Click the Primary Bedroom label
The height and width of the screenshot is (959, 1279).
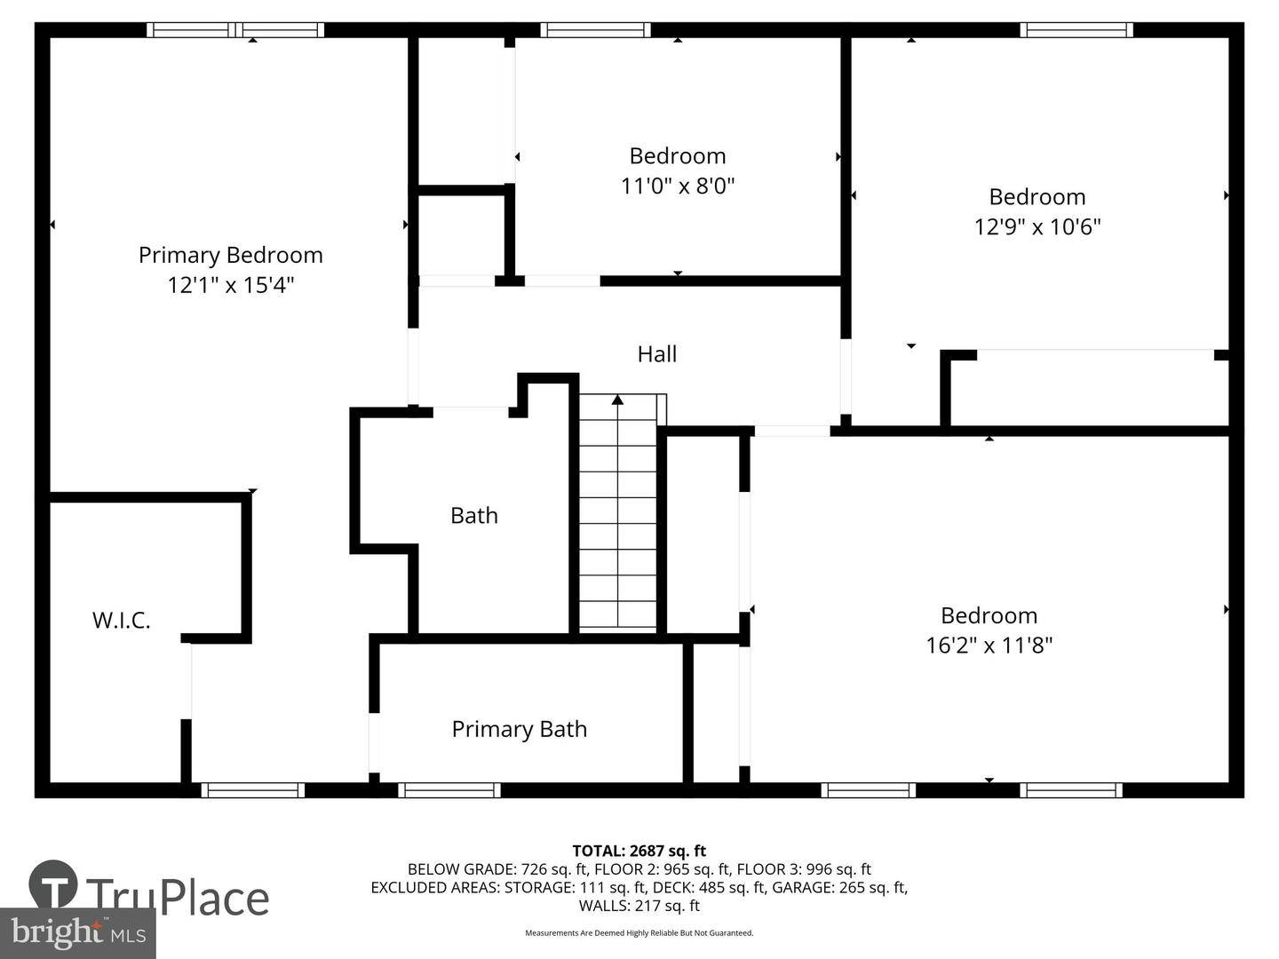point(231,256)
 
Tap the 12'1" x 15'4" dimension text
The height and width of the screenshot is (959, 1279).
point(231,285)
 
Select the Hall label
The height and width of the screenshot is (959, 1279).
point(657,354)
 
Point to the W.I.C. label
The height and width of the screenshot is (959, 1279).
point(121,621)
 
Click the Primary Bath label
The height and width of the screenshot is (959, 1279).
point(520,730)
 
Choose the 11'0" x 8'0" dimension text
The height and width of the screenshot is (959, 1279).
point(678,186)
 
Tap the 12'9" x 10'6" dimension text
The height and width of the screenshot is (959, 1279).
point(1037,226)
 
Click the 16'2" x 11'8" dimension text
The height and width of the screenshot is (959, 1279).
point(989,646)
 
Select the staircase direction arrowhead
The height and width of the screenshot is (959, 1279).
point(617,400)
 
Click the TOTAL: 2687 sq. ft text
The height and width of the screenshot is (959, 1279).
point(639,852)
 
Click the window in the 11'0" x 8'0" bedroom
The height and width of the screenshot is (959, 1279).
point(595,29)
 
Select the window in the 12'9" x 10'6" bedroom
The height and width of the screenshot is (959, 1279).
point(1076,29)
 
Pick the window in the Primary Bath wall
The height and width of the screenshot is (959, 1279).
point(449,790)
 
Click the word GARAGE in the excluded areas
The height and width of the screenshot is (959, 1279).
point(838,887)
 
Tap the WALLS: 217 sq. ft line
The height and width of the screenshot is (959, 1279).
point(639,906)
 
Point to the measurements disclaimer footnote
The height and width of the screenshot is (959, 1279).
point(639,932)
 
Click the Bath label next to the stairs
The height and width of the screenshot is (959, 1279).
point(474,516)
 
